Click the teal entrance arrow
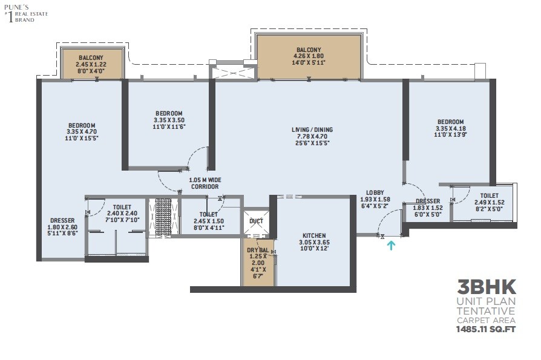(x=392, y=245)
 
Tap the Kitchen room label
(x=314, y=235)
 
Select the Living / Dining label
(x=311, y=129)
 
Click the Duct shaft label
(x=256, y=221)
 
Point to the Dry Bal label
(x=258, y=249)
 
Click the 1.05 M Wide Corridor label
(x=205, y=180)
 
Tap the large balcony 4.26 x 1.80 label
(x=309, y=50)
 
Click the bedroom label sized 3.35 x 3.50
(x=169, y=113)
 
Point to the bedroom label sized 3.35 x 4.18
(x=450, y=122)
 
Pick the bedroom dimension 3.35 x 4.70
(x=82, y=131)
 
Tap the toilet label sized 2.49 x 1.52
(x=489, y=195)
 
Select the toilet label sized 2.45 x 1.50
(x=209, y=214)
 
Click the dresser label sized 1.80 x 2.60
(x=63, y=220)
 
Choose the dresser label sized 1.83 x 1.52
(x=428, y=201)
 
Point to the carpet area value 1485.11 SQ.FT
(x=486, y=329)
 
